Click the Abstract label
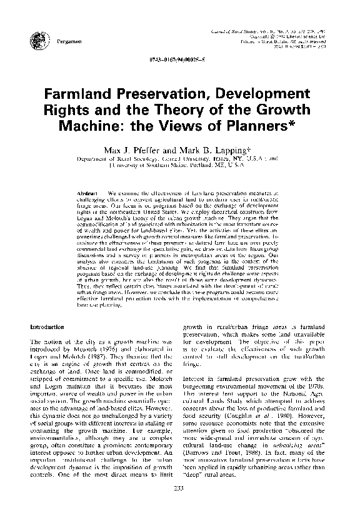[90, 188]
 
